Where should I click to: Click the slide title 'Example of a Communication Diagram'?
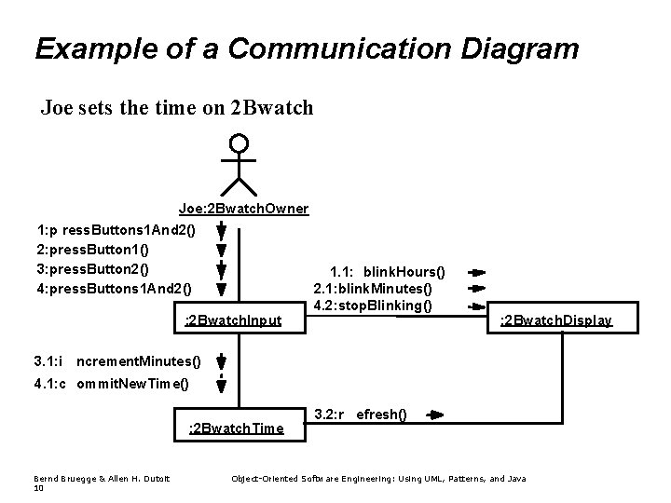[306, 48]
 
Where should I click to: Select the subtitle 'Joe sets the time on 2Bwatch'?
[177, 109]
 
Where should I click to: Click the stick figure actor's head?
[240, 143]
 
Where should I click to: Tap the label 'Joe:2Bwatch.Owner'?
[243, 209]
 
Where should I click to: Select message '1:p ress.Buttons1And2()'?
[116, 229]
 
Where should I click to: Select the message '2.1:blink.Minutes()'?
[373, 289]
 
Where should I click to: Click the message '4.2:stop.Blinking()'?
[373, 305]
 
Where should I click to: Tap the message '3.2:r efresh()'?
[361, 414]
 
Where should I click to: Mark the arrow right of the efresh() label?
[435, 415]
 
